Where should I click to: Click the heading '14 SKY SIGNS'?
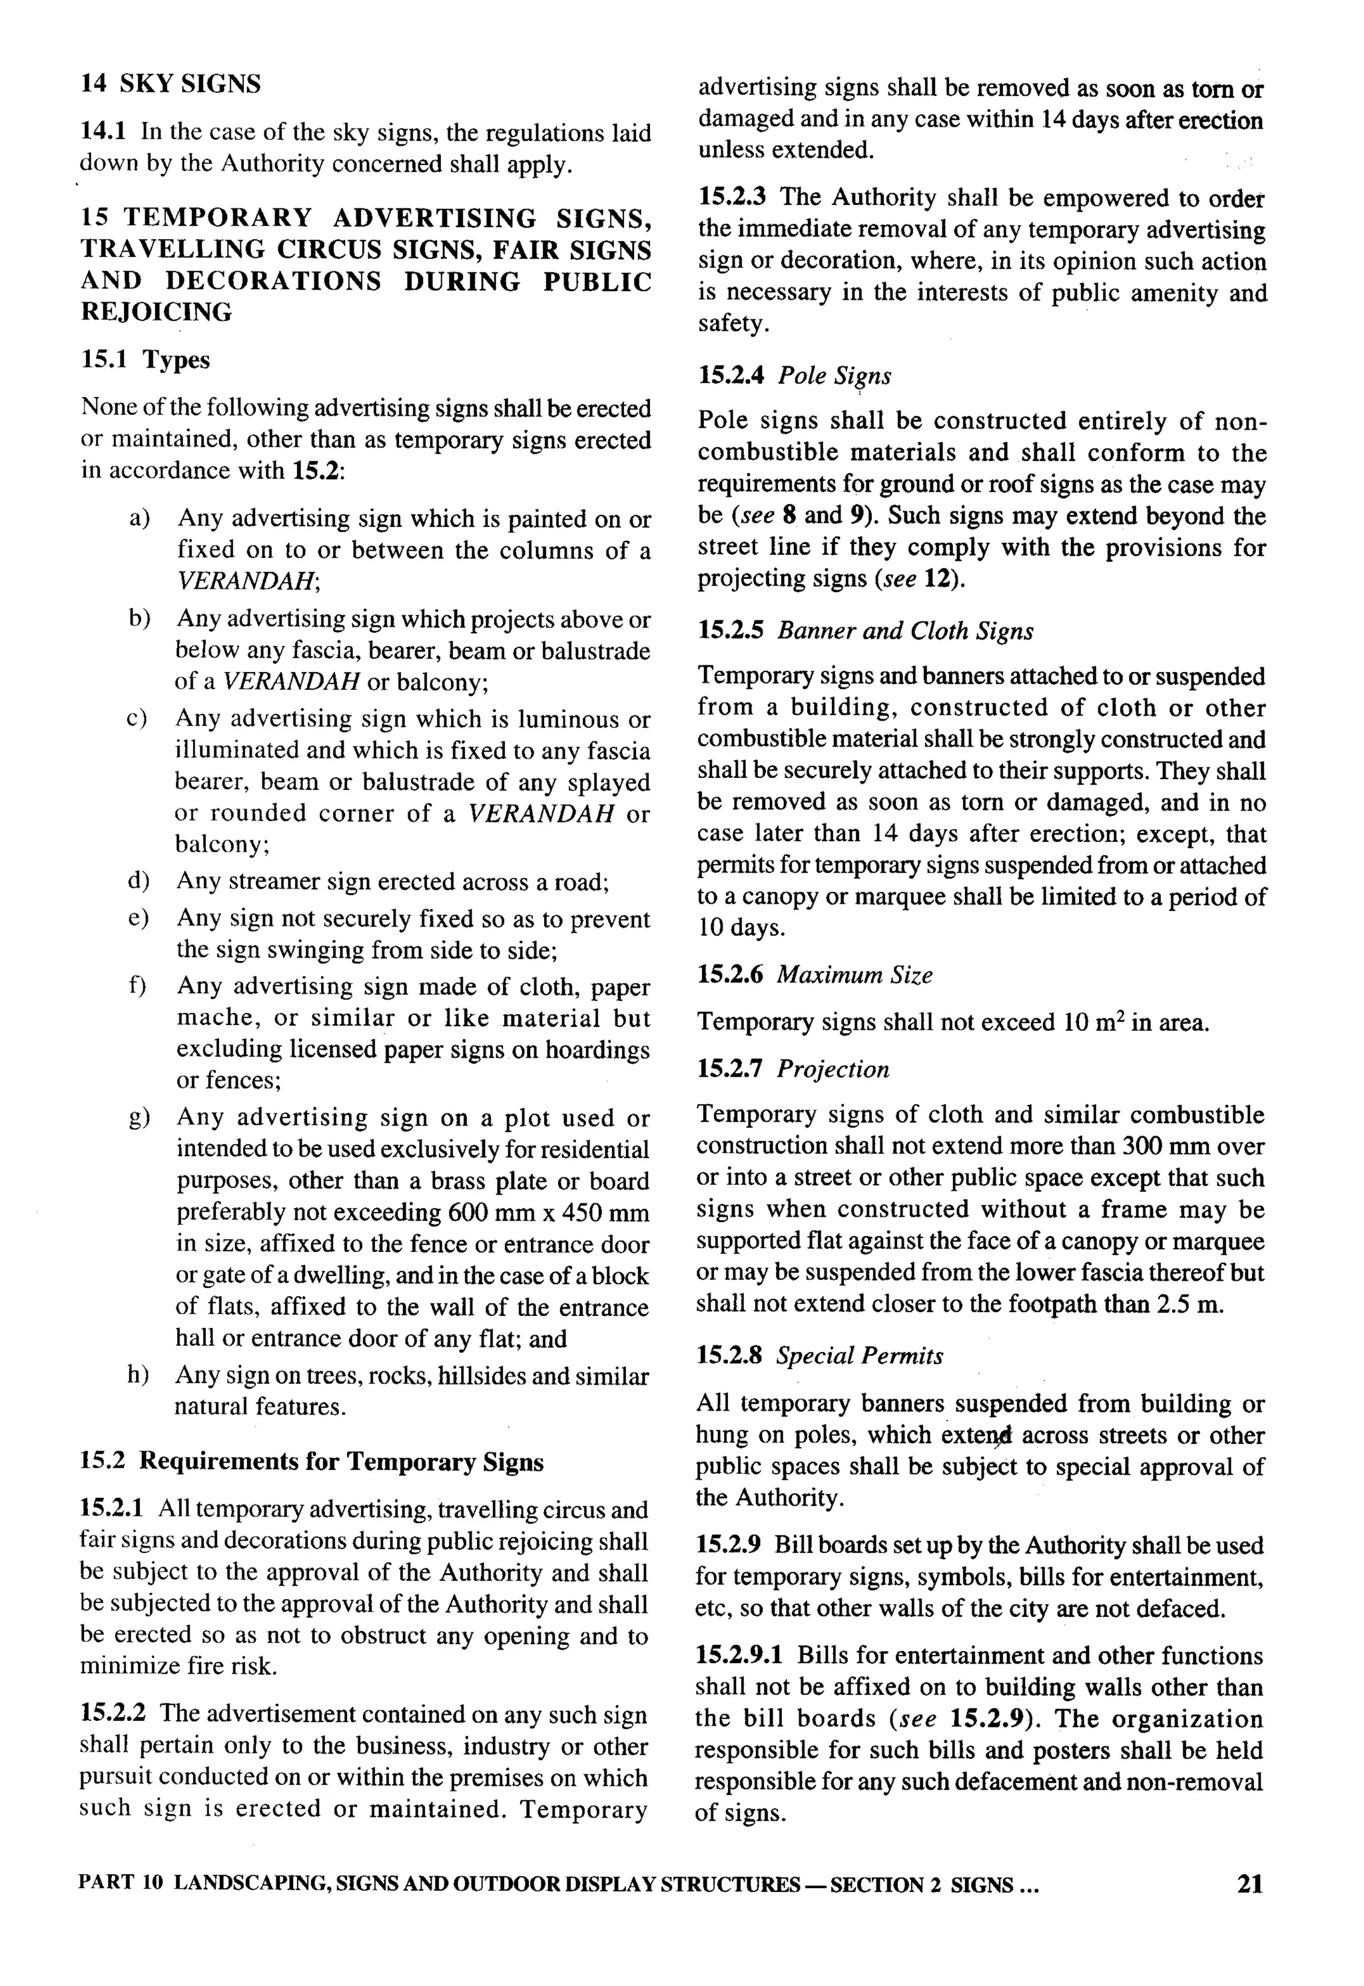point(171,85)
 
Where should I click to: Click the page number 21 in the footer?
point(1249,1884)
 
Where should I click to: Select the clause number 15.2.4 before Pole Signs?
point(731,376)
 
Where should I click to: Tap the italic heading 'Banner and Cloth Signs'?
point(905,631)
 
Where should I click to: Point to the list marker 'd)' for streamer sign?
point(139,881)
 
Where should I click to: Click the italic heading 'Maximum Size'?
point(854,975)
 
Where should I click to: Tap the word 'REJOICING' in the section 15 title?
point(157,313)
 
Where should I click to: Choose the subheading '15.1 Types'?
point(145,360)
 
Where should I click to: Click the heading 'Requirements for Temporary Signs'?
point(342,1462)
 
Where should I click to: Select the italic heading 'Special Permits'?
point(860,1356)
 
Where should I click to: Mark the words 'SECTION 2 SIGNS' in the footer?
point(921,1885)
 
